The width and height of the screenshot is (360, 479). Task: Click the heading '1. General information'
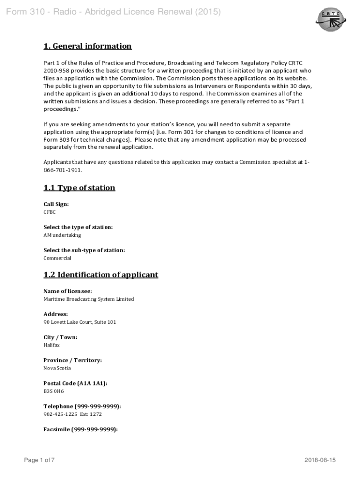pyautogui.click(x=87, y=46)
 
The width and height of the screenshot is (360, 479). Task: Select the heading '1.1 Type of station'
pyautogui.click(x=79, y=188)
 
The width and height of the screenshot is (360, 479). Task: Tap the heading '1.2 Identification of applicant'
pyautogui.click(x=101, y=275)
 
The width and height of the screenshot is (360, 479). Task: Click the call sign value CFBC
pyautogui.click(x=50, y=212)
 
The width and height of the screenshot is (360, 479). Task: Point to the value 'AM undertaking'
pyautogui.click(x=62, y=235)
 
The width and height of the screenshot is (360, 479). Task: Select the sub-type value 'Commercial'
pyautogui.click(x=57, y=258)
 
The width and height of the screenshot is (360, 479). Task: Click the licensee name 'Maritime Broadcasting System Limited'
pyautogui.click(x=88, y=299)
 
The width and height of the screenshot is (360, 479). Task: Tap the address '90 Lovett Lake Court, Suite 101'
pyautogui.click(x=79, y=322)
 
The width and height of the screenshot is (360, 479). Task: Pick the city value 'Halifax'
pyautogui.click(x=51, y=345)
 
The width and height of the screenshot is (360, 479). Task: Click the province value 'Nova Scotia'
pyautogui.click(x=57, y=368)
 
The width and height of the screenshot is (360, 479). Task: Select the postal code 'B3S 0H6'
pyautogui.click(x=53, y=391)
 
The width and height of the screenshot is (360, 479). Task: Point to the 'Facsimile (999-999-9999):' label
pyautogui.click(x=80, y=429)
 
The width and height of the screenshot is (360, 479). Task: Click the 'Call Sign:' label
pyautogui.click(x=56, y=204)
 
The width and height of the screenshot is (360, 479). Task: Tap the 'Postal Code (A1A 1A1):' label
pyautogui.click(x=75, y=383)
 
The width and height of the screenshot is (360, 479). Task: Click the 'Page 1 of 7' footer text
pyautogui.click(x=39, y=460)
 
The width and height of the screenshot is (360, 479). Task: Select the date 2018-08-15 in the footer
pyautogui.click(x=320, y=460)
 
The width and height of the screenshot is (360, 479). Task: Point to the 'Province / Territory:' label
pyautogui.click(x=72, y=360)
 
